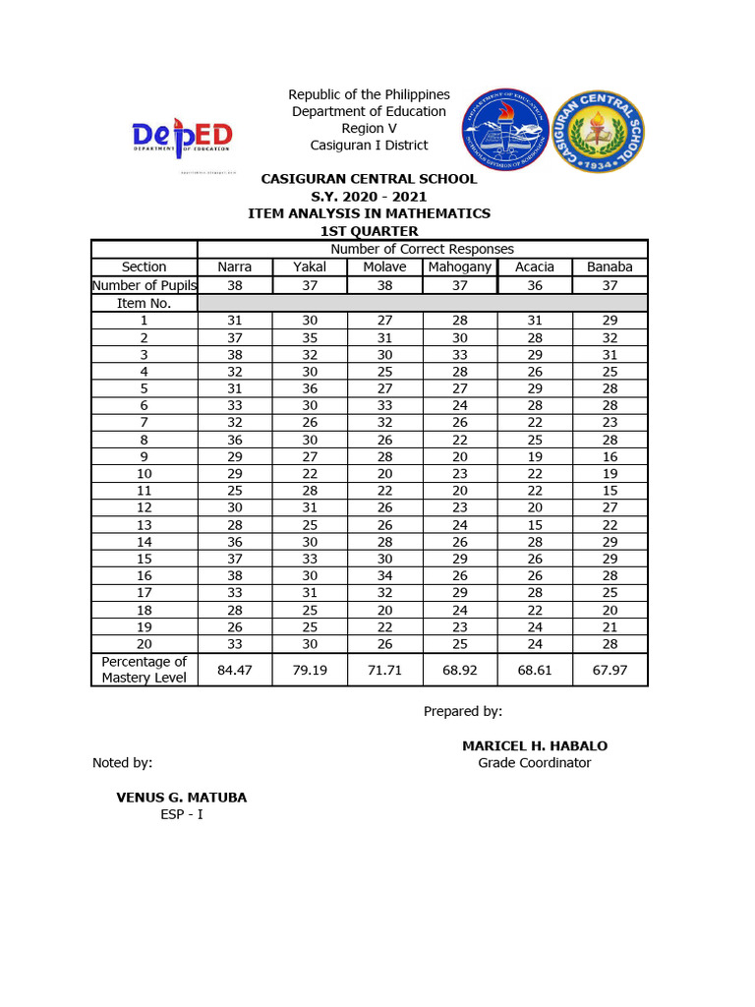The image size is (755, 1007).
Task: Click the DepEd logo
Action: [x=182, y=137]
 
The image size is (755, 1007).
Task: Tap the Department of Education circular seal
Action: [x=506, y=129]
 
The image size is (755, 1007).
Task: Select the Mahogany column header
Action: [x=460, y=267]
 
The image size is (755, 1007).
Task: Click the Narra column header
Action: [x=235, y=267]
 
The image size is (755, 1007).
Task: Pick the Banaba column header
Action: [x=610, y=267]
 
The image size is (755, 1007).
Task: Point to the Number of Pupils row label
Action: [x=145, y=285]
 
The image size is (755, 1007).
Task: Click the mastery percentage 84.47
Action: [x=235, y=669]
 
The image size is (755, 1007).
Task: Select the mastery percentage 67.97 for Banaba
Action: [x=610, y=669]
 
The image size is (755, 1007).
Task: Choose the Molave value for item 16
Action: [x=384, y=575]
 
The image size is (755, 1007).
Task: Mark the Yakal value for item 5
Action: [x=310, y=387]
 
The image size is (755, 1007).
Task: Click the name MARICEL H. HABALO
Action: [x=535, y=746]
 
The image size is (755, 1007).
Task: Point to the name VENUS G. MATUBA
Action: [x=182, y=798]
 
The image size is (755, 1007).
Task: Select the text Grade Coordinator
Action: [x=535, y=763]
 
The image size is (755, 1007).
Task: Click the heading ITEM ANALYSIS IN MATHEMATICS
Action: [x=369, y=213]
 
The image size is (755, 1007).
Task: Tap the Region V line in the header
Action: [x=369, y=129]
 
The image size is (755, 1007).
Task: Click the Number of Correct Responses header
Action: [x=422, y=249]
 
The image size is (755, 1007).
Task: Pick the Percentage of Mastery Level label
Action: [x=145, y=669]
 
